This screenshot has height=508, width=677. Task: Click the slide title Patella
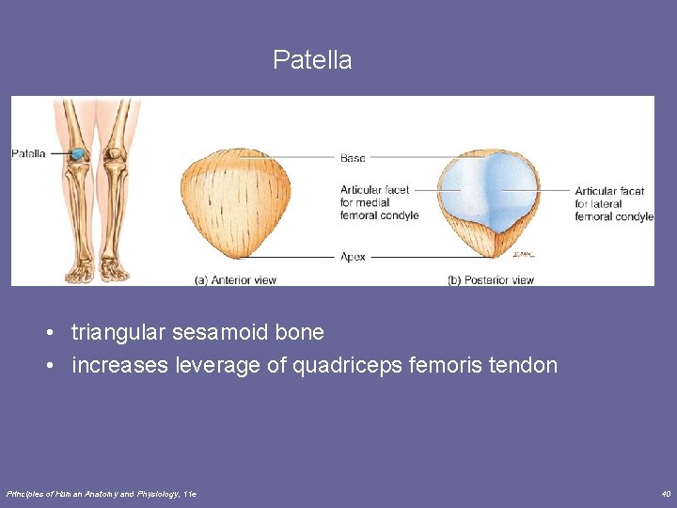coord(312,60)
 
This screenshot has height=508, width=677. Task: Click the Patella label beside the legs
coord(28,153)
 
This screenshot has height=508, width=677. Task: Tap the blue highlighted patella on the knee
coord(80,152)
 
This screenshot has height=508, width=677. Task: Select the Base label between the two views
coord(353,158)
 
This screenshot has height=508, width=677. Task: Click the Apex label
coord(353,256)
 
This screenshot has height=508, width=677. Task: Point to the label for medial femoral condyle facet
coord(379,202)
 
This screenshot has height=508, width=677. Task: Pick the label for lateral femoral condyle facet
coord(613,203)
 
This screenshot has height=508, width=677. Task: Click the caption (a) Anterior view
coord(235,279)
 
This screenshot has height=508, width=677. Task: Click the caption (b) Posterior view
coord(491,279)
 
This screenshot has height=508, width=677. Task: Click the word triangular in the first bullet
coord(119,332)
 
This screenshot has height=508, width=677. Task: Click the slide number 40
coord(665,493)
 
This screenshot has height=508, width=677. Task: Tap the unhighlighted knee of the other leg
coord(115,152)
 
